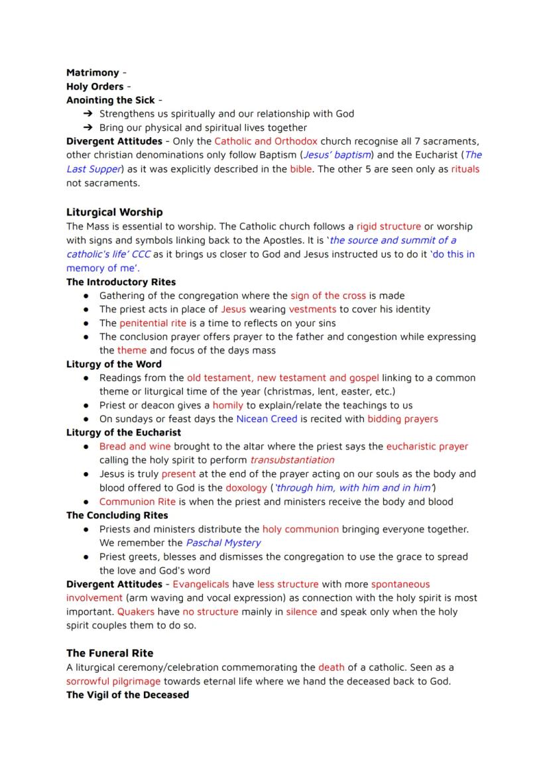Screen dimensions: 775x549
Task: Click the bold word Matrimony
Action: [x=92, y=73]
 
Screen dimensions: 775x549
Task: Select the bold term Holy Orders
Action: [x=95, y=87]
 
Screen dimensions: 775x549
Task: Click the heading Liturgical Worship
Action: [x=114, y=212]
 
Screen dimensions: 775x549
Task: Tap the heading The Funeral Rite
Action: [x=109, y=653]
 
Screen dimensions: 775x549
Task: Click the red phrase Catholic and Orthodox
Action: [x=265, y=141]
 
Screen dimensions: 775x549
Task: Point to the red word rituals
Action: [x=465, y=169]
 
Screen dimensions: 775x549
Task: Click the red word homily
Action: [x=227, y=405]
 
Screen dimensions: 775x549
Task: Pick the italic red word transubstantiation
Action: [x=292, y=460]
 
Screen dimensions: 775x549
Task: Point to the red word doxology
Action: [x=246, y=488]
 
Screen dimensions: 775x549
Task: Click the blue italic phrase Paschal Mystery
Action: [x=223, y=543]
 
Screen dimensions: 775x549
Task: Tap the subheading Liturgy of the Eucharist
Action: [x=123, y=433]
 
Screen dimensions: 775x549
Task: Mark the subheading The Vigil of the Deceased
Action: [x=127, y=695]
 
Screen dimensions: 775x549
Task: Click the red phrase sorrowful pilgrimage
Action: [x=113, y=681]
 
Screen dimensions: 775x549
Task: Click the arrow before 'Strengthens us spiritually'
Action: [x=87, y=114]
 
